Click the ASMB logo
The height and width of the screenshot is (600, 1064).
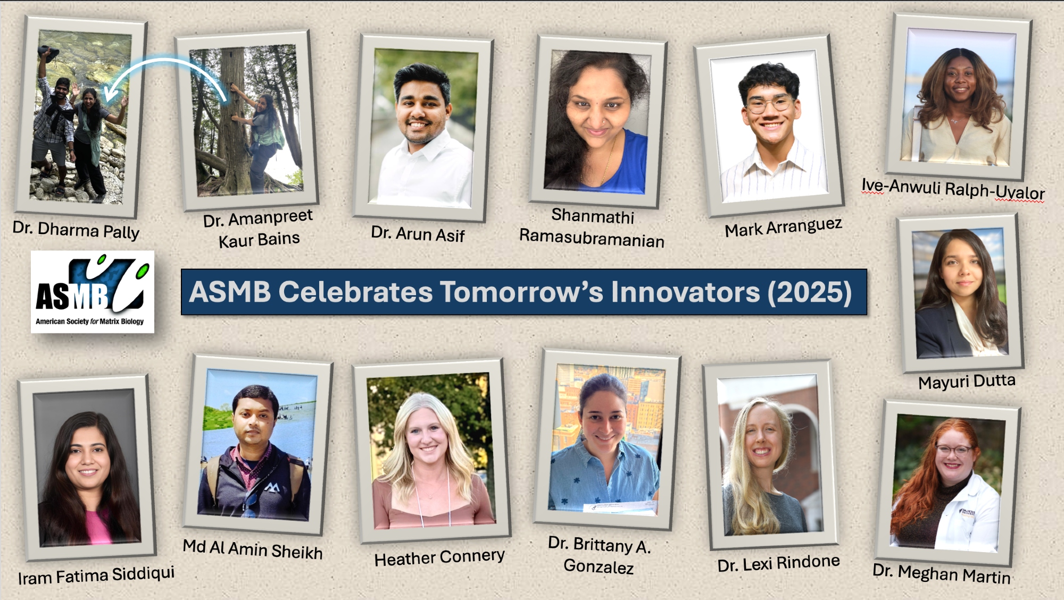[x=93, y=291]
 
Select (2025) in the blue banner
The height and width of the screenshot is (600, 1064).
[x=809, y=293]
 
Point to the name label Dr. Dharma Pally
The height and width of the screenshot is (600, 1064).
[x=76, y=230]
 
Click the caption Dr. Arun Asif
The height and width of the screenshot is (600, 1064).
[x=418, y=234]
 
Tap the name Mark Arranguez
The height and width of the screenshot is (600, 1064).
[x=783, y=227]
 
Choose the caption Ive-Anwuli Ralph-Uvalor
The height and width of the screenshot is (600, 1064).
[x=953, y=189]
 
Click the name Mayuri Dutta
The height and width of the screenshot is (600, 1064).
[x=967, y=381]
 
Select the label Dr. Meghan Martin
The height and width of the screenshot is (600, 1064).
[x=941, y=573]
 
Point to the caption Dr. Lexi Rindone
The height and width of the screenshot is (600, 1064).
[x=778, y=563]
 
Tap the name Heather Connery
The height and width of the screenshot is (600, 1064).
[x=439, y=557]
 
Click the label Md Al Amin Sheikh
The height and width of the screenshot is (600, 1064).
[x=253, y=549]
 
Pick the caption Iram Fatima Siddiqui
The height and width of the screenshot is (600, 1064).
[x=96, y=576]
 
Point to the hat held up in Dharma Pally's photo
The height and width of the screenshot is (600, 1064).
[x=49, y=52]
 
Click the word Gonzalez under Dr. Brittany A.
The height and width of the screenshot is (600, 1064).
[x=598, y=566]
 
